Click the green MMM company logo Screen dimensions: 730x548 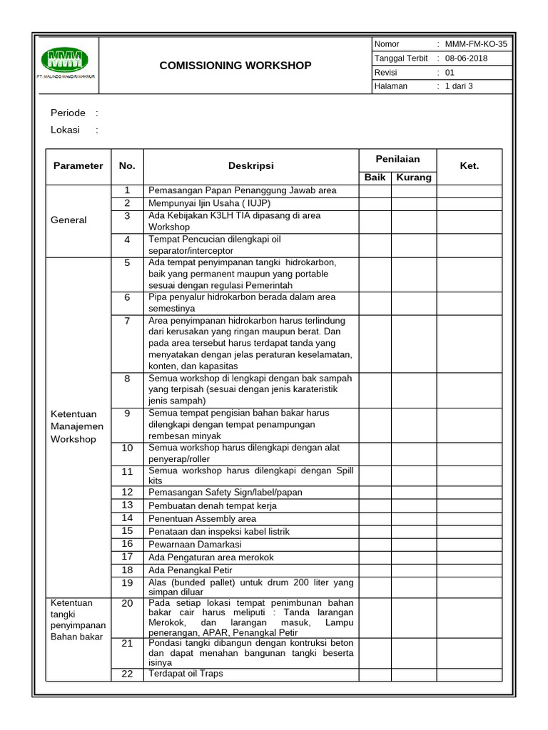[x=64, y=61]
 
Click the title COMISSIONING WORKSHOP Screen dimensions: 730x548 [x=235, y=66]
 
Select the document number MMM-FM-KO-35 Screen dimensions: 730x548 [x=476, y=44]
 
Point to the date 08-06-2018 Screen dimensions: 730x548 [x=466, y=58]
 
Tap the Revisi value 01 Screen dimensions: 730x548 [x=450, y=73]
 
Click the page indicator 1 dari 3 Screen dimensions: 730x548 [x=459, y=86]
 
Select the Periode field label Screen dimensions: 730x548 [x=68, y=113]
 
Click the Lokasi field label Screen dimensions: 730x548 [x=66, y=130]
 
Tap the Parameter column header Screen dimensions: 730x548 [x=78, y=165]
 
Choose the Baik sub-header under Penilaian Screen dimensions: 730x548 [x=375, y=178]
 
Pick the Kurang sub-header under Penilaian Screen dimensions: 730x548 [x=414, y=178]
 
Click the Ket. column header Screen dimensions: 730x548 [x=470, y=165]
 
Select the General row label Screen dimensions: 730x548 [x=68, y=220]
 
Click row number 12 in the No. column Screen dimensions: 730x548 [x=127, y=492]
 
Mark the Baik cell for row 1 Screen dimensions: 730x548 [x=375, y=191]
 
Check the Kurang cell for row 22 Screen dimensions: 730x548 [x=414, y=674]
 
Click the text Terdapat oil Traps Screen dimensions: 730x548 [x=186, y=674]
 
